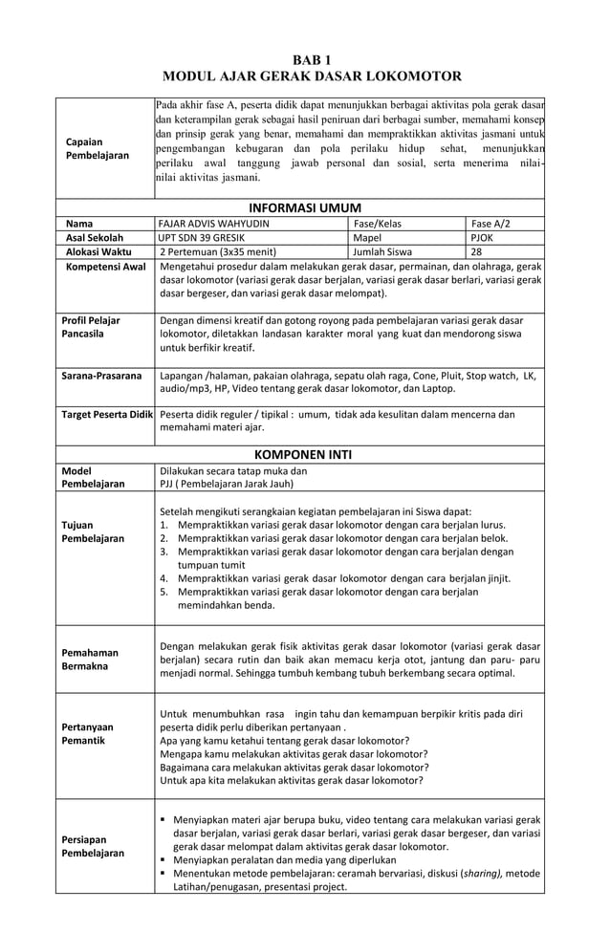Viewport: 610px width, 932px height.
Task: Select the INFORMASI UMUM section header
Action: [304, 207]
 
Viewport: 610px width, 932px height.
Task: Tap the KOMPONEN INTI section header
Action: [304, 454]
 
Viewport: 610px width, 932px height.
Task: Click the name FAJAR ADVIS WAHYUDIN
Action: [215, 224]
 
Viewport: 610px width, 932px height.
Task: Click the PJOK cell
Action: [482, 237]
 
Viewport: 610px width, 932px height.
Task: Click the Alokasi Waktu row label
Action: [99, 251]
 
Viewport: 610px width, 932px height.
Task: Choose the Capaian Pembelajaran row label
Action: [97, 148]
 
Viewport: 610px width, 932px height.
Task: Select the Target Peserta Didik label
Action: [105, 415]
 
